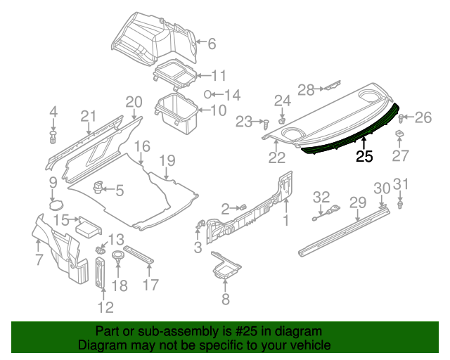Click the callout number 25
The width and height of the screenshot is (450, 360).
click(x=364, y=157)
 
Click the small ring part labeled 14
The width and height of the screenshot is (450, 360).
click(x=207, y=94)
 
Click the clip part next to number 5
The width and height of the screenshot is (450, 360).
click(x=98, y=188)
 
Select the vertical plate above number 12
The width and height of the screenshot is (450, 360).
click(x=100, y=273)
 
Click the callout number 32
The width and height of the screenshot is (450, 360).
click(x=321, y=195)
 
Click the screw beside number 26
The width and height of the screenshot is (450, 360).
click(x=403, y=118)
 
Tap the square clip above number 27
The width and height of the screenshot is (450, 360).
click(x=399, y=134)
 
